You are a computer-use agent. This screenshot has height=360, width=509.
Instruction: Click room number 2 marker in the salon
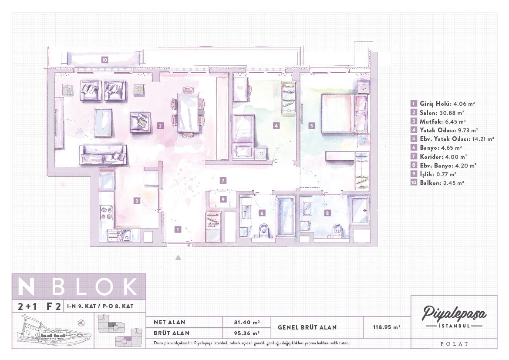160,126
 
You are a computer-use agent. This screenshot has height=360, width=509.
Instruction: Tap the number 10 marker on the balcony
104,60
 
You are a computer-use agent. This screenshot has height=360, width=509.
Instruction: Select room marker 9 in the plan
223,199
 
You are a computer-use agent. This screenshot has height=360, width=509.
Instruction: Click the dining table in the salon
188,112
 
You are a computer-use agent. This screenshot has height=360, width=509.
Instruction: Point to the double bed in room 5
345,113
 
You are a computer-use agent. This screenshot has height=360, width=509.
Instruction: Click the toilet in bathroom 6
264,229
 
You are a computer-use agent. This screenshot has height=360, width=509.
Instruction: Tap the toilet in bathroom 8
337,229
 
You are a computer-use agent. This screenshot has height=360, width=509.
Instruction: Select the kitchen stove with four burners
106,213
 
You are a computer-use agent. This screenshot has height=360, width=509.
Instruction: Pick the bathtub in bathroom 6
286,215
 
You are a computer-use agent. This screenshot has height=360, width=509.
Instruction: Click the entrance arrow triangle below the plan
178,258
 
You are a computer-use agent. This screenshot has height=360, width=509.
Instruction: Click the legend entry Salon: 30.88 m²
437,113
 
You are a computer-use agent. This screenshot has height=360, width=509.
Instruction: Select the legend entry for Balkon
437,183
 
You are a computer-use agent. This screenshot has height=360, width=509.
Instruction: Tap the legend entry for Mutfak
438,121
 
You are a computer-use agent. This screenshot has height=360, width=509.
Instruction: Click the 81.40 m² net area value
247,322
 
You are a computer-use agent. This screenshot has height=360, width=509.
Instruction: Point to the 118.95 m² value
386,327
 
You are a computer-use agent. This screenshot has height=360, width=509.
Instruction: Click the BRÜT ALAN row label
172,333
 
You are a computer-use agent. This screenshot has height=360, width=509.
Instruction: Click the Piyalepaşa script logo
454,313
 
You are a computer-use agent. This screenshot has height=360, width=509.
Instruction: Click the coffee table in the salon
104,122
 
